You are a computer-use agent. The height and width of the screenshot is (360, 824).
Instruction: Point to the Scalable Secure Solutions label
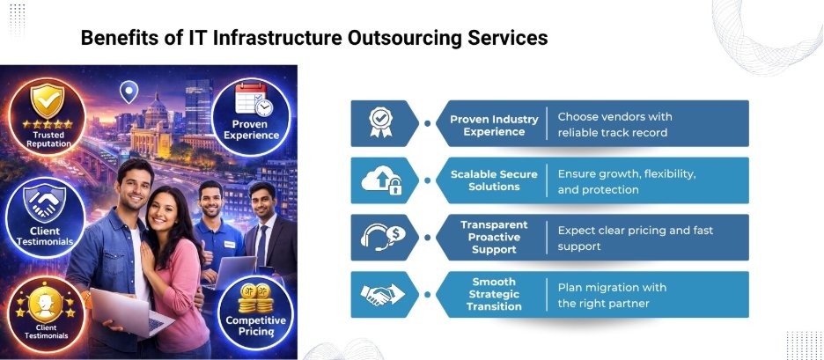pyautogui.click(x=494, y=180)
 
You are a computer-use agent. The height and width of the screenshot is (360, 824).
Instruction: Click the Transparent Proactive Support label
pyautogui.click(x=494, y=238)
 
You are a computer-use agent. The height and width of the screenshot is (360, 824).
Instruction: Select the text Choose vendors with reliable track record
pyautogui.click(x=614, y=125)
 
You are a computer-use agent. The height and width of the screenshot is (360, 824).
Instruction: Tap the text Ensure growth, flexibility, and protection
pyautogui.click(x=627, y=181)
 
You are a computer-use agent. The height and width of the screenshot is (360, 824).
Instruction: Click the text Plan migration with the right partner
pyautogui.click(x=612, y=295)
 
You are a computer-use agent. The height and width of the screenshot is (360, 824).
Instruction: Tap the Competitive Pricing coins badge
pyautogui.click(x=256, y=313)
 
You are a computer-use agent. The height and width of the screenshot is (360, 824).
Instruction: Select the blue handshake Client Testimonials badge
pyautogui.click(x=44, y=218)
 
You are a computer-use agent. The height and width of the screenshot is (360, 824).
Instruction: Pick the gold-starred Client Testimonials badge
pyautogui.click(x=43, y=313)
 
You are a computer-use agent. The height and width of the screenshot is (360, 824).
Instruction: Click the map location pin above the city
pyautogui.click(x=129, y=91)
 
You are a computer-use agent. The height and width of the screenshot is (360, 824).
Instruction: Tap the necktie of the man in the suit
pyautogui.click(x=261, y=246)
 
